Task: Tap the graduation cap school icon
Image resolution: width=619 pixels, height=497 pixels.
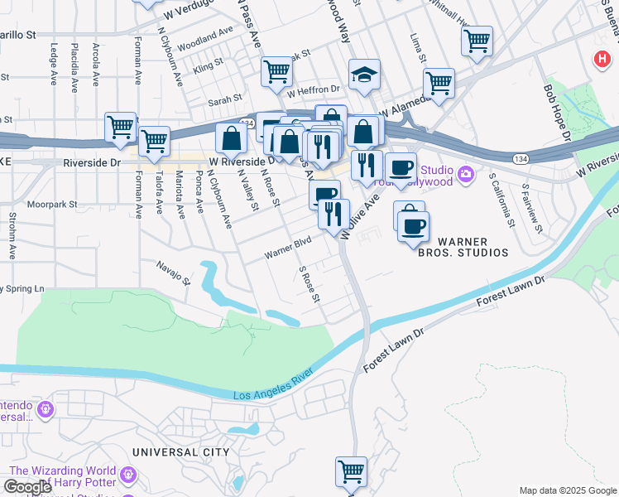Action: [364, 76]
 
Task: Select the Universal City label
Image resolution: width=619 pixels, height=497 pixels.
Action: [180, 452]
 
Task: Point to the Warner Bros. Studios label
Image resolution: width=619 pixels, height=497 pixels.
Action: [472, 247]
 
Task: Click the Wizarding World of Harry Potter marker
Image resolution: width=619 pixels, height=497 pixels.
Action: [127, 475]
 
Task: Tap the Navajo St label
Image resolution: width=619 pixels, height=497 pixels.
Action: [175, 269]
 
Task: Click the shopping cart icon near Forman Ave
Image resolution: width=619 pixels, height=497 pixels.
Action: [121, 128]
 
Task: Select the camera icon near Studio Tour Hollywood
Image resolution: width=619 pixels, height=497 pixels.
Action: [466, 173]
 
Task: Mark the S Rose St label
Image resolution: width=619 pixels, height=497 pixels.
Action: [309, 284]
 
